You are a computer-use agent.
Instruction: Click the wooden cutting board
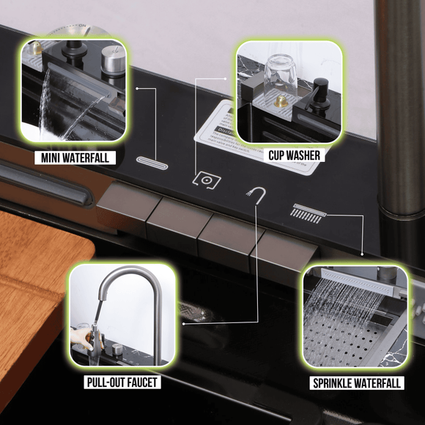(x=33, y=293)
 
